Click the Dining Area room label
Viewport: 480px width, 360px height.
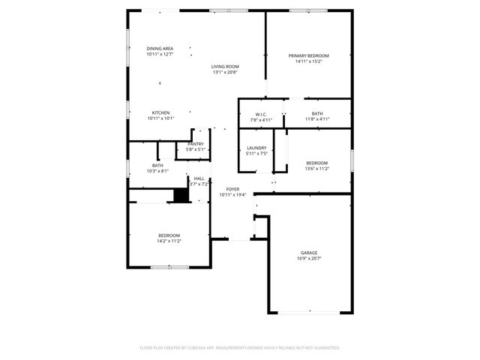pos(159,49)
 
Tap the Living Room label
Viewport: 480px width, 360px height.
pos(224,67)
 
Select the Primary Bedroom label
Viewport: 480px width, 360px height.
pos(309,56)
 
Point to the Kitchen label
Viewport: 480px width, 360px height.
pos(160,112)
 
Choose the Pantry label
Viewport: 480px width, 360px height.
pos(195,144)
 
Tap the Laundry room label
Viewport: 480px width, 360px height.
pos(256,148)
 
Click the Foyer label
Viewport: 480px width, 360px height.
pos(232,189)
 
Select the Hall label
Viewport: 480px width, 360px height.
pos(199,178)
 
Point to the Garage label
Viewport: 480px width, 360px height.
pos(309,253)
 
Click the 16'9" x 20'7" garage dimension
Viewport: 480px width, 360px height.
pos(309,259)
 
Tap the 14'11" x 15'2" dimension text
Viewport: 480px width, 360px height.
pos(309,62)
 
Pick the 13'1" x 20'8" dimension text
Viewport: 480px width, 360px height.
pos(224,73)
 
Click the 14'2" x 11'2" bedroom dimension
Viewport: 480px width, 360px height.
pos(169,241)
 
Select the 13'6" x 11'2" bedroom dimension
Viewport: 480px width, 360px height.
pos(316,169)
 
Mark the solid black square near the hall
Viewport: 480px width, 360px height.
pos(180,195)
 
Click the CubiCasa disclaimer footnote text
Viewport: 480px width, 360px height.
pos(240,348)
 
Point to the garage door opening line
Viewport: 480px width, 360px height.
pos(310,312)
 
